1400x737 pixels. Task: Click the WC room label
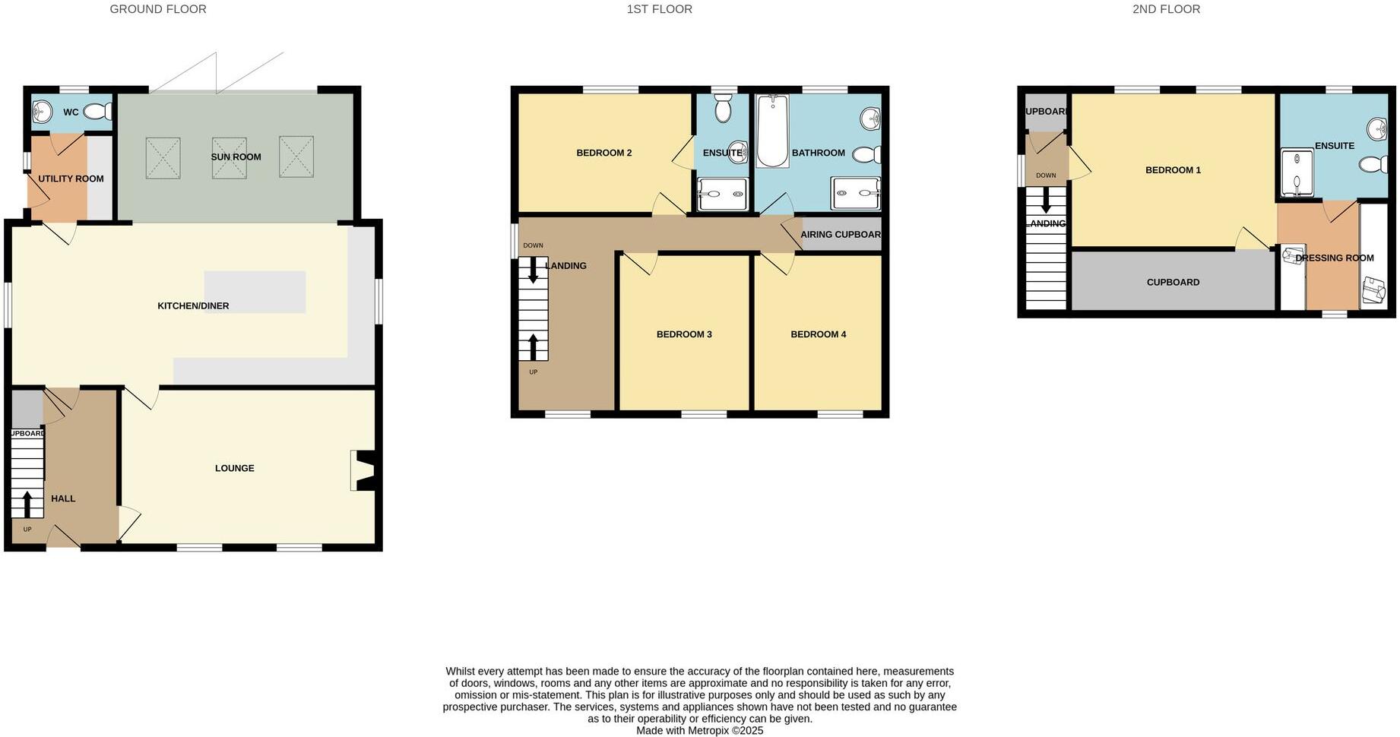coord(71,112)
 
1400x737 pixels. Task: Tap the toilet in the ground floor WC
coord(97,112)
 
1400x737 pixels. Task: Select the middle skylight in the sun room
coord(229,157)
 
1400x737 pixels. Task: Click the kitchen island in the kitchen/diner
coord(255,292)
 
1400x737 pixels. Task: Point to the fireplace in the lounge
coord(363,470)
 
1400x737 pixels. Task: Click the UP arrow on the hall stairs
coord(27,504)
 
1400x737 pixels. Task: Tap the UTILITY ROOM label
coord(71,179)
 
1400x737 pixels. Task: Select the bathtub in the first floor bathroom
coord(772,131)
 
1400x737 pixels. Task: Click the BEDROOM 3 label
coord(684,334)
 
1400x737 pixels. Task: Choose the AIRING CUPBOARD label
coord(841,235)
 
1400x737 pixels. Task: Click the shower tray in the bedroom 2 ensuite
coord(722,194)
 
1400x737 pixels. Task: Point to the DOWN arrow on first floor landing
coord(533,270)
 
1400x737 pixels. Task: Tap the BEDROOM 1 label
coord(1173,170)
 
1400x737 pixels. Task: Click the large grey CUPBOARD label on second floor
coord(1173,282)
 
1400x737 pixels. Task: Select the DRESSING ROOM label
coord(1334,258)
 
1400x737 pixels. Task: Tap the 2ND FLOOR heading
coord(1166,9)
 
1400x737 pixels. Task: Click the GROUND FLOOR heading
coord(158,9)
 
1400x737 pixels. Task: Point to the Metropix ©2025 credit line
coord(699,730)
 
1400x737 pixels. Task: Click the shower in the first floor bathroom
coord(856,193)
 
